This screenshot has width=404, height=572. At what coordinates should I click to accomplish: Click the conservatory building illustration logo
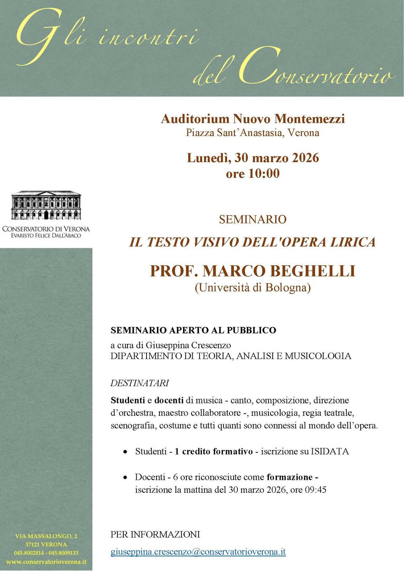46,206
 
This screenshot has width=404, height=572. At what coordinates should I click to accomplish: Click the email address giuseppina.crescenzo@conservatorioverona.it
198,552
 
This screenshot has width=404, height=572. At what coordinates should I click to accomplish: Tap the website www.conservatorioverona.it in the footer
46,561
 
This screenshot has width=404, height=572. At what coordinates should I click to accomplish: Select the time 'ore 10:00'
252,174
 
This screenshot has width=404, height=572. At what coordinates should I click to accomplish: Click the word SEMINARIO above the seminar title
252,219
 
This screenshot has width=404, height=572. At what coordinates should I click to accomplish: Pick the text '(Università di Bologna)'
252,288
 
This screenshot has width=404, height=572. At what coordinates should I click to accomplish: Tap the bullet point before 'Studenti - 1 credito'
125,452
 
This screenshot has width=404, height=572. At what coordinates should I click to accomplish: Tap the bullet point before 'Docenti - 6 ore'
125,478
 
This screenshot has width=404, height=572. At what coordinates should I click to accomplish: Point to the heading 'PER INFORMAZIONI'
155,535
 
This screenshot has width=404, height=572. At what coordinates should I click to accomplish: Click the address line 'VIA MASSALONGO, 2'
46,536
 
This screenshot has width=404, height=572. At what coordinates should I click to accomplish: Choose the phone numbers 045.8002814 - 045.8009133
46,553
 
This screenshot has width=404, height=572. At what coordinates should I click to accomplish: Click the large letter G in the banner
36,36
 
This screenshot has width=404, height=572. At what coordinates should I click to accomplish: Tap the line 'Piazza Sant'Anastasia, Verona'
252,133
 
